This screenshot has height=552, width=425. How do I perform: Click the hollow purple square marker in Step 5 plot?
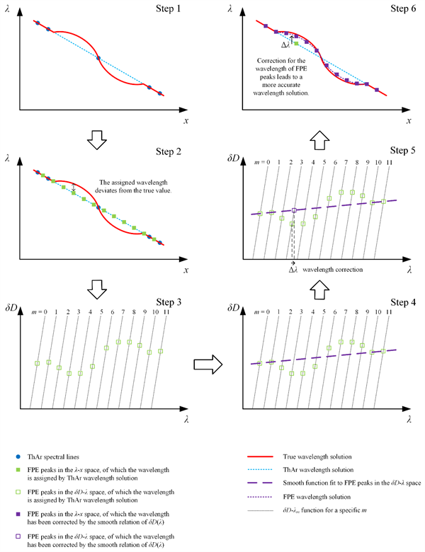coord(294,210)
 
